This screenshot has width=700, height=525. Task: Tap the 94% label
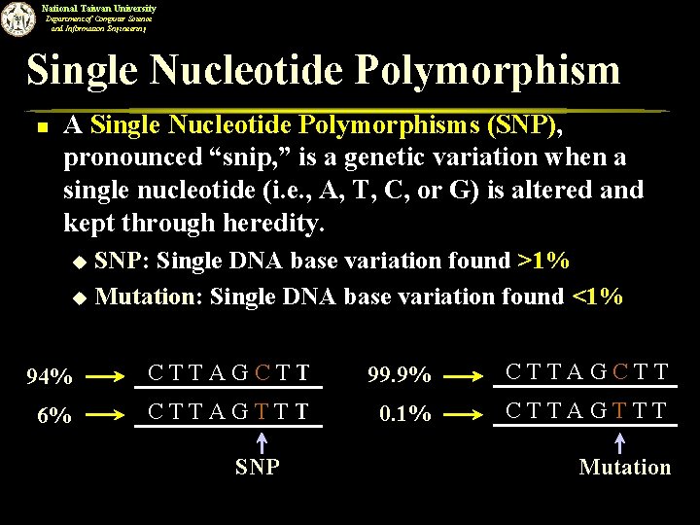click(x=50, y=376)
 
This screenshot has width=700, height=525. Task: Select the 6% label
click(x=52, y=415)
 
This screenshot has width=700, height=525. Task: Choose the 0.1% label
click(x=405, y=413)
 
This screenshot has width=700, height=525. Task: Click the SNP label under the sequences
click(x=257, y=468)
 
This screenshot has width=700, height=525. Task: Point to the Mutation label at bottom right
click(x=624, y=468)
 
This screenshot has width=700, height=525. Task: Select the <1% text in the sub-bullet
click(x=598, y=297)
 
